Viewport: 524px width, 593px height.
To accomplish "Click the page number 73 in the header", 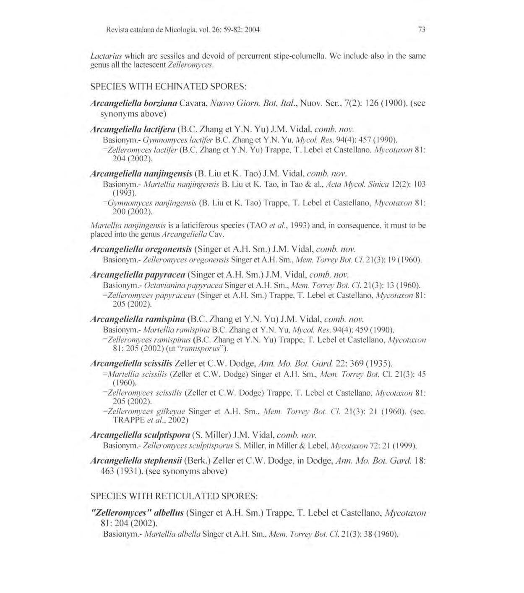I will click(422, 30).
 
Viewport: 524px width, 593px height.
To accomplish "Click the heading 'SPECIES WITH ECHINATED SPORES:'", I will click(168, 87).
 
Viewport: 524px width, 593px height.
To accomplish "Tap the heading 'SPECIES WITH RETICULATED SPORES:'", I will click(174, 496).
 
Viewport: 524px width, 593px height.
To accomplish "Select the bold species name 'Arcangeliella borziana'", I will click(134, 103).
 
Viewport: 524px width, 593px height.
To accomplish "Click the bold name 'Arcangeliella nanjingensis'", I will click(141, 173).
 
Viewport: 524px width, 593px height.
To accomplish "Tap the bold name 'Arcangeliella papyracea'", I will click(138, 275).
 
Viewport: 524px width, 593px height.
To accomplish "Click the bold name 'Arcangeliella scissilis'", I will click(131, 363).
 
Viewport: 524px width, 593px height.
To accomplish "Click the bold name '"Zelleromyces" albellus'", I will click(137, 513).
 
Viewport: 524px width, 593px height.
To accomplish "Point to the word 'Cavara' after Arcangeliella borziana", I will click(192, 103).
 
